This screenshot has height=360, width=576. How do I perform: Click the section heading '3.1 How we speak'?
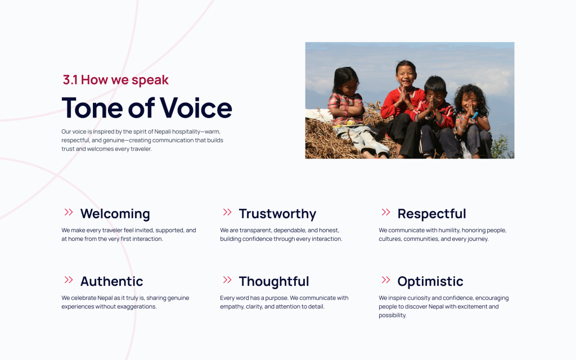point(116,80)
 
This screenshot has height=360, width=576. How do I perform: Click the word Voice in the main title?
point(196,107)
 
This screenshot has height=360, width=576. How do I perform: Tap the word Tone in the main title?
point(93,107)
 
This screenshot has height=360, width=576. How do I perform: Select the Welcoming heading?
point(115,214)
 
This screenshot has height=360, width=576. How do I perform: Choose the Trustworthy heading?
point(277,214)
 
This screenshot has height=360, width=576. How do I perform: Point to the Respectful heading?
point(431,214)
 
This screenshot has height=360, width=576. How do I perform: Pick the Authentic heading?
point(112,281)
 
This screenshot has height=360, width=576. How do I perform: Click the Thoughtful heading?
point(274,281)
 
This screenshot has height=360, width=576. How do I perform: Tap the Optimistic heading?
point(430,281)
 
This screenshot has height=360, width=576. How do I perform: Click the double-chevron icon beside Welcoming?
point(69,212)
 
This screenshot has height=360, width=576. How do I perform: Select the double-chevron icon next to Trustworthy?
point(227,212)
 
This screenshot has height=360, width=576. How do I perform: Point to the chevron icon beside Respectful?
point(386,212)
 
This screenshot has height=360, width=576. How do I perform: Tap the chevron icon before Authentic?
point(69,280)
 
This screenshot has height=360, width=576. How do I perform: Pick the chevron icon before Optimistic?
point(386,280)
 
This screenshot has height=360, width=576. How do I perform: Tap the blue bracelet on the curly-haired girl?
point(475,115)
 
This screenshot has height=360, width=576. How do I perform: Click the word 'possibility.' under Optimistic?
point(392,315)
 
